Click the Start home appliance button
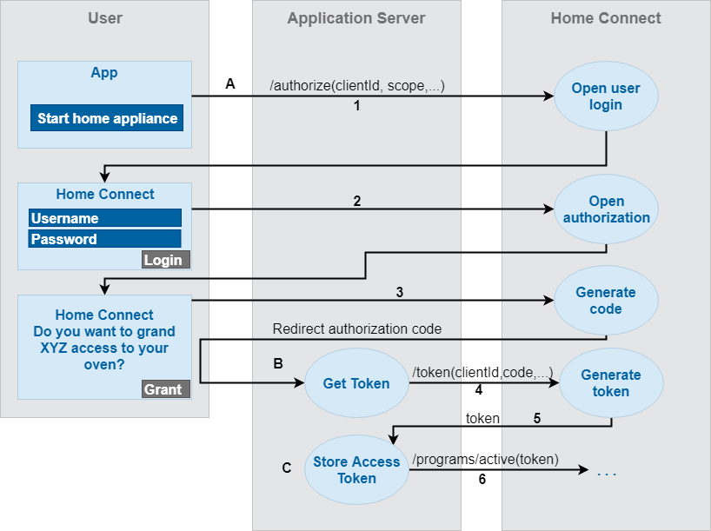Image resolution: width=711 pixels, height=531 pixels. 107,118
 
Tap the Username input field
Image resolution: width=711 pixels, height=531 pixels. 104,218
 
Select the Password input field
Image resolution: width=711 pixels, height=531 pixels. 104,239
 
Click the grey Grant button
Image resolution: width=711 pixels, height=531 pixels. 164,389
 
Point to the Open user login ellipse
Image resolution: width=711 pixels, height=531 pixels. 606,96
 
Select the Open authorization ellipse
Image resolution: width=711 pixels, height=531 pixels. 606,209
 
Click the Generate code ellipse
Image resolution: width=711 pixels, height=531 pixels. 605,301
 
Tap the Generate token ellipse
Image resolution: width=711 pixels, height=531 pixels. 610,383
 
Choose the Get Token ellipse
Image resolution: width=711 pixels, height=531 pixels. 356,383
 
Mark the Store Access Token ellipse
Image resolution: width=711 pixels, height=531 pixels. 356,470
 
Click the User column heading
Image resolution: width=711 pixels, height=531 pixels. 105,18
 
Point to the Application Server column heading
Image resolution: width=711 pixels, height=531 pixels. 356,18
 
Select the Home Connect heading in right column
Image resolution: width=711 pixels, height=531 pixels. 606,18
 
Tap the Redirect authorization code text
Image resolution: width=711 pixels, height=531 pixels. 357,329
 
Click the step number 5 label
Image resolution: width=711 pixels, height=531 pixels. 536,418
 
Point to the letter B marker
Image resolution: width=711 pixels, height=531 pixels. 278,363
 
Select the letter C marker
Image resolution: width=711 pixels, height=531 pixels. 287,468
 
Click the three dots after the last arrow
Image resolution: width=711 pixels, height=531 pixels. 607,474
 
